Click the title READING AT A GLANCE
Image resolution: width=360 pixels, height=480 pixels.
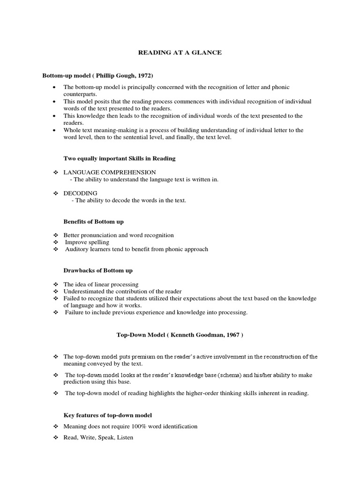tap(180, 53)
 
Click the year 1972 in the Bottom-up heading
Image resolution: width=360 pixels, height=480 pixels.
tap(144, 75)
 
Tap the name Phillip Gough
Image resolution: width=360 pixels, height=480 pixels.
tap(114, 75)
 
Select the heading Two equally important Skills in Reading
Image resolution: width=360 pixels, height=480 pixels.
tap(119, 158)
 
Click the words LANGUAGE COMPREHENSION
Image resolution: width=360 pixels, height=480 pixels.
tap(110, 172)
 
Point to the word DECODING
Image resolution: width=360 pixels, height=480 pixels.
tap(81, 193)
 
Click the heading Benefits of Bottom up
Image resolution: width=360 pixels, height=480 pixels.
tap(93, 221)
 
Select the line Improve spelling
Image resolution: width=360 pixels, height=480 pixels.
tap(87, 242)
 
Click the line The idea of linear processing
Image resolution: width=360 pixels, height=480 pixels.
tap(101, 284)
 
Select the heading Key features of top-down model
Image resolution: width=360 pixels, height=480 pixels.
tap(107, 416)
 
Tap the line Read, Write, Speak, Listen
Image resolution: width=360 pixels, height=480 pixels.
tap(98, 437)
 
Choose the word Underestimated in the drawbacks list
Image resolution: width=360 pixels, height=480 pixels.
tap(85, 291)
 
